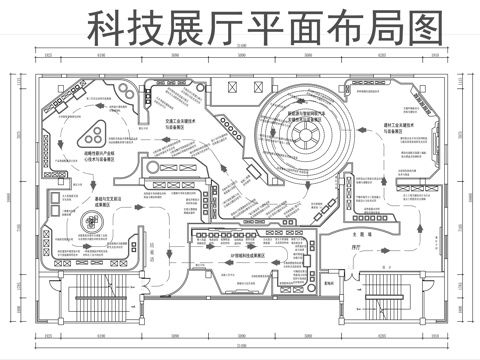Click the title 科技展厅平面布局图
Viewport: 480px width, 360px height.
click(264, 27)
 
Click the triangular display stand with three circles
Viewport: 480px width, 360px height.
click(93, 130)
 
